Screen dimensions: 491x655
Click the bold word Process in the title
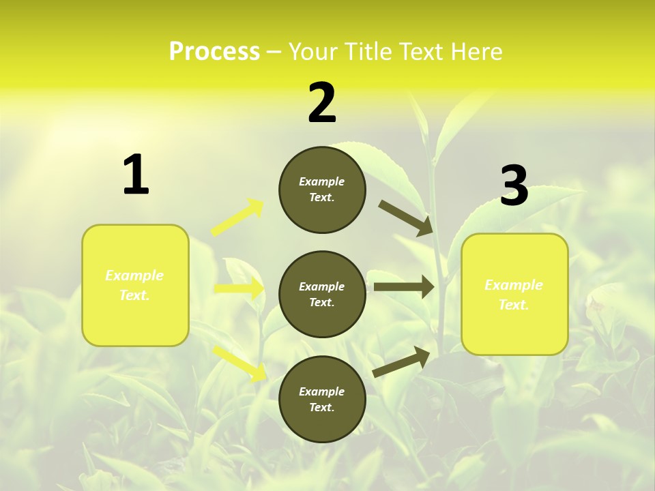tap(214, 52)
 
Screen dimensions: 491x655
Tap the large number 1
tap(136, 175)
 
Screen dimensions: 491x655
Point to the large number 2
tap(322, 104)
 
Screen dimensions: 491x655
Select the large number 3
tap(514, 185)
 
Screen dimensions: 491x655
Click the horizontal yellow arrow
tap(239, 288)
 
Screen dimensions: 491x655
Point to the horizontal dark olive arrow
tap(403, 287)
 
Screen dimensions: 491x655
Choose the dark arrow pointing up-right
tap(401, 362)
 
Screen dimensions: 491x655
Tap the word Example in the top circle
tap(321, 181)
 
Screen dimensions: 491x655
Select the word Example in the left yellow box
tap(134, 276)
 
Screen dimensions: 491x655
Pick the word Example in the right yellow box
tap(514, 285)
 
